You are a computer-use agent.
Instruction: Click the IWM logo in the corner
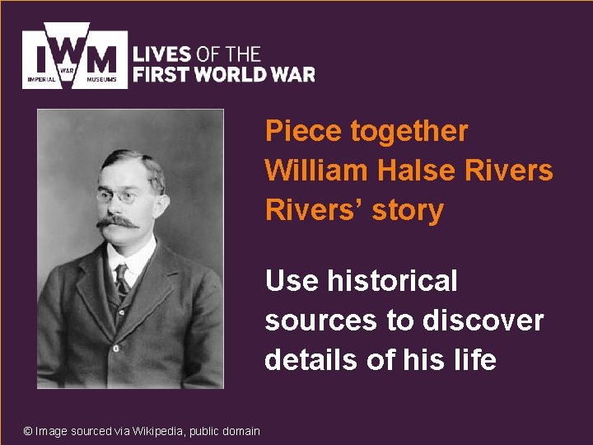point(75,55)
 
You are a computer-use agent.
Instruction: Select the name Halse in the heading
point(417,170)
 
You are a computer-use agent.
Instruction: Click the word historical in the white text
point(392,281)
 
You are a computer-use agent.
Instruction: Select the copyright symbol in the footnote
point(28,431)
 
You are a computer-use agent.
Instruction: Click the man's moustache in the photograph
point(118,222)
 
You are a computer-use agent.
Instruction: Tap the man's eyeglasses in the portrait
point(116,196)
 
